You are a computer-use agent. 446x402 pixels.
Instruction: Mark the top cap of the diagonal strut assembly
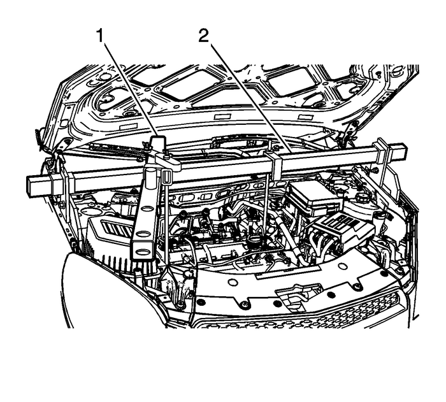coord(158,143)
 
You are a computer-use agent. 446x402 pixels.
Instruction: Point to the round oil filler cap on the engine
coord(256,242)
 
